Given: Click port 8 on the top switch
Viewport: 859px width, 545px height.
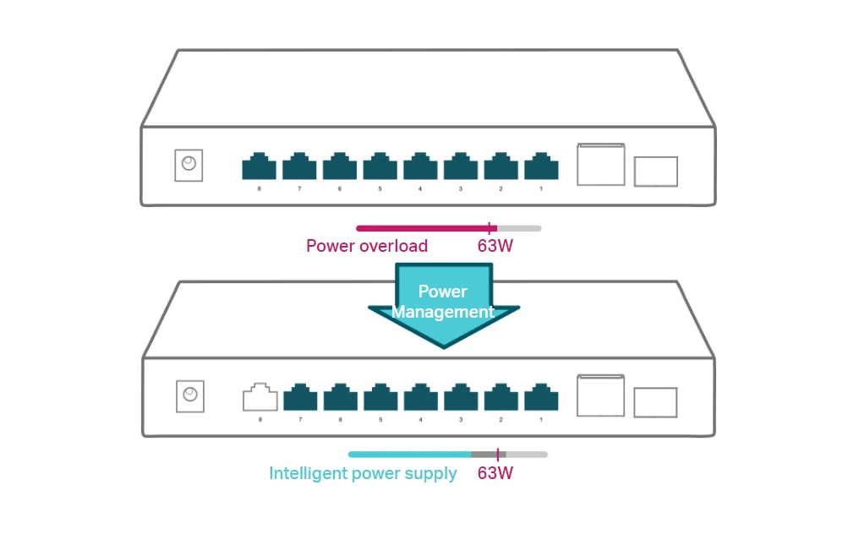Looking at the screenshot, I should pos(259,166).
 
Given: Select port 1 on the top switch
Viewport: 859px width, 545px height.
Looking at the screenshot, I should pos(541,166).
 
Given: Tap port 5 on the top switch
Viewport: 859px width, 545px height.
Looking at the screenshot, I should pos(380,166).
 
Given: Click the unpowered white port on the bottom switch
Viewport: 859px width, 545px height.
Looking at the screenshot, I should pos(260,398).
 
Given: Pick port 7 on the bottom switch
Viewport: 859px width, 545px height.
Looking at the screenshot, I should pos(300,398).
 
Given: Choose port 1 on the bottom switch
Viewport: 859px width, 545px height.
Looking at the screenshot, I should pos(541,398).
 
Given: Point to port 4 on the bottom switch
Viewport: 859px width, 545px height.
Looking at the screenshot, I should pos(420,398).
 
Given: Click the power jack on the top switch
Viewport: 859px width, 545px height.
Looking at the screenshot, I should pos(189,165).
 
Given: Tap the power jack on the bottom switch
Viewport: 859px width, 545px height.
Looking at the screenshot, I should pos(190,395).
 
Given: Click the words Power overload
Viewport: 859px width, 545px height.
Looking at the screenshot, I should pos(367,247).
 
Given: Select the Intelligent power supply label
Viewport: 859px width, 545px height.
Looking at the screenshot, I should pos(363,474).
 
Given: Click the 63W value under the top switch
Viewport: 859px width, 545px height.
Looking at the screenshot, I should pos(495,247).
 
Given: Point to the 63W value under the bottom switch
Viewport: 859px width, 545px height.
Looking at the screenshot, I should pos(495,474).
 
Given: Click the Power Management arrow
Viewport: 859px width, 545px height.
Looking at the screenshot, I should pos(443,304).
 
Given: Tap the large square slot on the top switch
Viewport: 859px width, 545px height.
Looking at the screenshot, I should pos(600,165).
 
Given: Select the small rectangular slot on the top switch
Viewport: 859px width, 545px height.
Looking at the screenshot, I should pos(655,172).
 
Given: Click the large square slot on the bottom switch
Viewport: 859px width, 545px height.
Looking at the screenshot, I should pos(600,395).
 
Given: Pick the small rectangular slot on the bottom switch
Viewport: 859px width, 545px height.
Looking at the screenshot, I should pos(655,402).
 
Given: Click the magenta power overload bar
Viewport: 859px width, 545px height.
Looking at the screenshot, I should pos(423,228).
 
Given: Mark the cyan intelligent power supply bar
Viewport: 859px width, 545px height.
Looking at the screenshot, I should pos(410,455).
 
